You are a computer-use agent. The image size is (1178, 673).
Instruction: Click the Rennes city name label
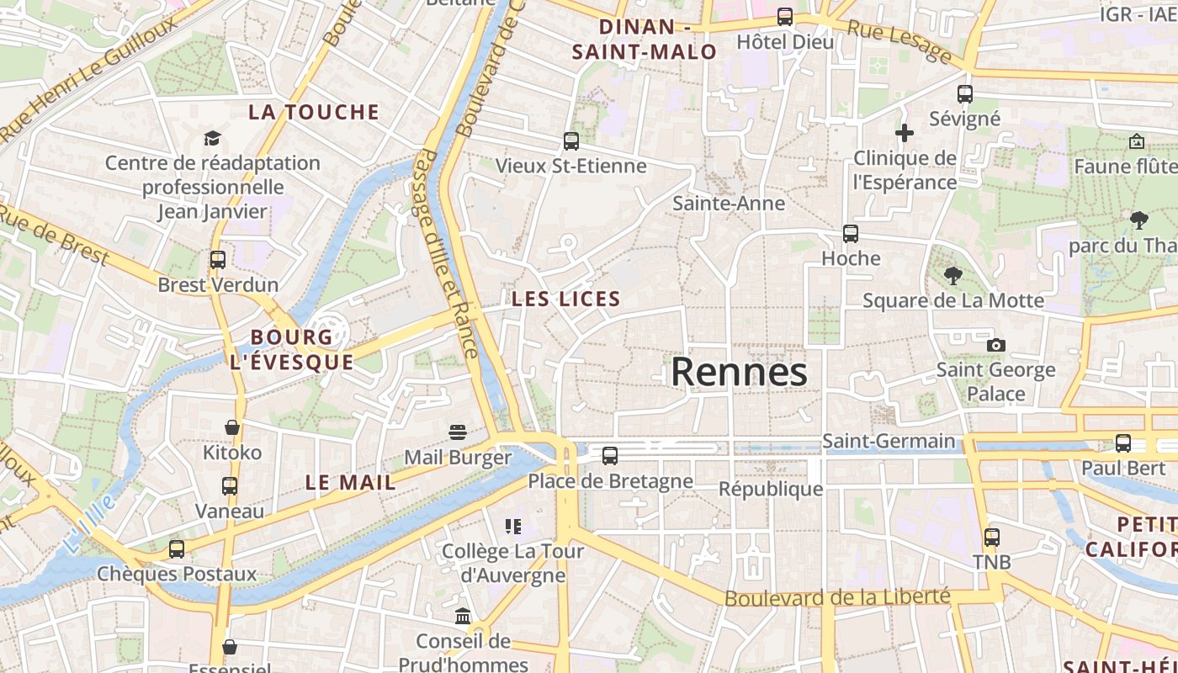(739, 372)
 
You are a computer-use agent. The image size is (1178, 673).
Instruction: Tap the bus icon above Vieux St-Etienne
(571, 140)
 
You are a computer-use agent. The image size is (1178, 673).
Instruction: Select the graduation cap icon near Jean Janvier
(212, 138)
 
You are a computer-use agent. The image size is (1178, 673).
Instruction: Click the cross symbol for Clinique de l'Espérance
(905, 132)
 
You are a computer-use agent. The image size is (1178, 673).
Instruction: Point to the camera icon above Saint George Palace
(995, 345)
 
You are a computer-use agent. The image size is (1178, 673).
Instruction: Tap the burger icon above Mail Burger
(458, 432)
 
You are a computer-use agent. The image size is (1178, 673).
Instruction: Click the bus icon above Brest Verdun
(218, 260)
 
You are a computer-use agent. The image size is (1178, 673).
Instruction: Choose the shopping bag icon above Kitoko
(232, 427)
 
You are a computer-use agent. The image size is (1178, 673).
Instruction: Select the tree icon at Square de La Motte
(952, 275)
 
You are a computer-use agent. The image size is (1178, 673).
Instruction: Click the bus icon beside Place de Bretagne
(610, 456)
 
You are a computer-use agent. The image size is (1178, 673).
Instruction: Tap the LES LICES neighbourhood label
(566, 299)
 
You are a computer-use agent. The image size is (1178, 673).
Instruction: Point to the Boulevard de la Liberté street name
(837, 597)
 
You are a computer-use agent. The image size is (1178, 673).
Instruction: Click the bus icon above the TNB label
(992, 537)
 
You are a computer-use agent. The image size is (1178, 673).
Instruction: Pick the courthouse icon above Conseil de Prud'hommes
(463, 617)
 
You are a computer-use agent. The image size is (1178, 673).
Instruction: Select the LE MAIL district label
(350, 483)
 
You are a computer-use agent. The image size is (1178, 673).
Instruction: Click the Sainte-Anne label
(729, 203)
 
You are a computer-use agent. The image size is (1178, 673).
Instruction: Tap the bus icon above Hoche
(851, 233)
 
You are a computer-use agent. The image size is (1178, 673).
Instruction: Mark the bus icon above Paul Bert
(1123, 443)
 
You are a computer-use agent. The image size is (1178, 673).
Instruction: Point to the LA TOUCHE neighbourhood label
(314, 112)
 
